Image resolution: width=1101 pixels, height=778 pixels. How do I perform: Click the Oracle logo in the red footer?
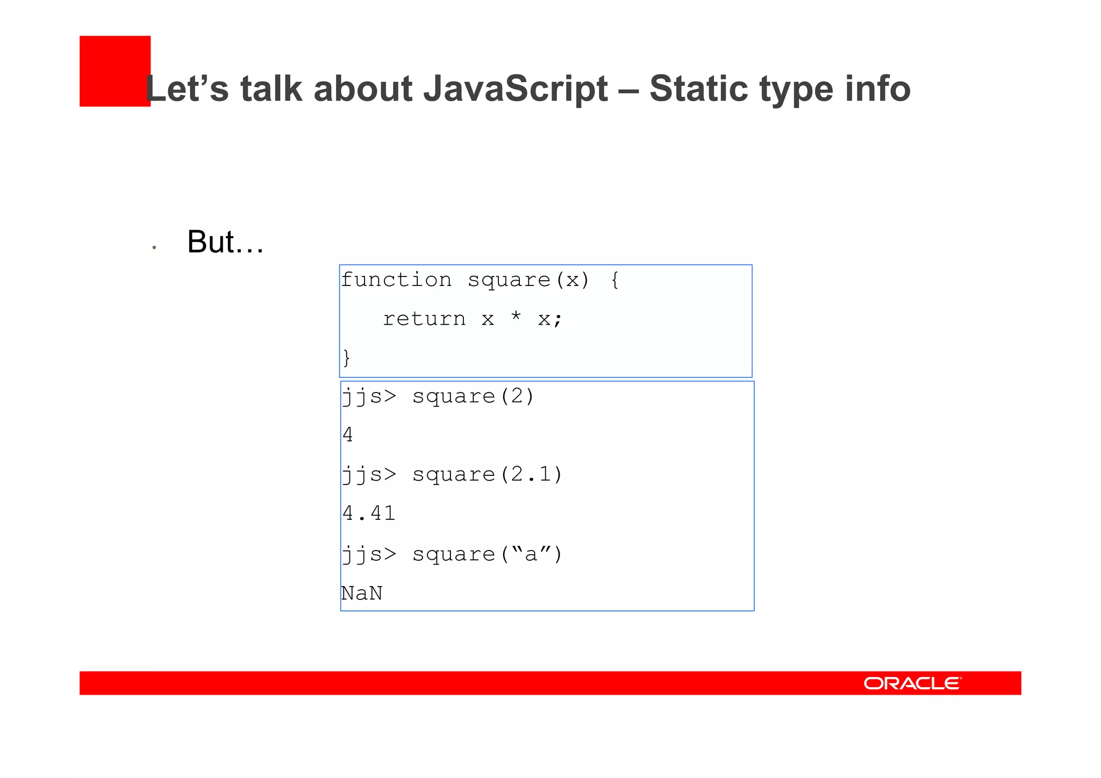pyautogui.click(x=912, y=683)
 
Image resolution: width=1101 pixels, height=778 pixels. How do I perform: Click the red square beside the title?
pyautogui.click(x=114, y=70)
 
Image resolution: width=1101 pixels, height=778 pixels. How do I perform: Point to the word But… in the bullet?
pyautogui.click(x=225, y=242)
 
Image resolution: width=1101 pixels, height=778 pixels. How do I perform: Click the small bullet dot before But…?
pyautogui.click(x=154, y=247)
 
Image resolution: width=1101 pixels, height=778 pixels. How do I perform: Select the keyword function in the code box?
pyautogui.click(x=396, y=280)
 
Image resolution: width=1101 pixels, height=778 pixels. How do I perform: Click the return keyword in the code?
pyautogui.click(x=424, y=319)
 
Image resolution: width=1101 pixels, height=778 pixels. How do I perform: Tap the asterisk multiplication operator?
pyautogui.click(x=516, y=317)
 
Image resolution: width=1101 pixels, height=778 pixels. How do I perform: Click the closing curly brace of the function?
pyautogui.click(x=347, y=358)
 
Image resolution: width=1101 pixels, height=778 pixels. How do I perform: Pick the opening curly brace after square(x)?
pyautogui.click(x=615, y=280)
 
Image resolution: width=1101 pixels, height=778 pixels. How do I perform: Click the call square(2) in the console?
pyautogui.click(x=473, y=397)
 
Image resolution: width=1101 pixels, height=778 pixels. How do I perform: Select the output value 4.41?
pyautogui.click(x=369, y=513)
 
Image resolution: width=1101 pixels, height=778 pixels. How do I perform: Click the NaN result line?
pyautogui.click(x=362, y=594)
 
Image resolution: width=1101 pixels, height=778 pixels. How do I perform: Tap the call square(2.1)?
pyautogui.click(x=487, y=475)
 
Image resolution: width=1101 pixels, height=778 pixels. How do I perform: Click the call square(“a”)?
pyautogui.click(x=487, y=554)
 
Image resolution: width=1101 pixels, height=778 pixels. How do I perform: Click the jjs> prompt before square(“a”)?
pyautogui.click(x=369, y=554)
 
